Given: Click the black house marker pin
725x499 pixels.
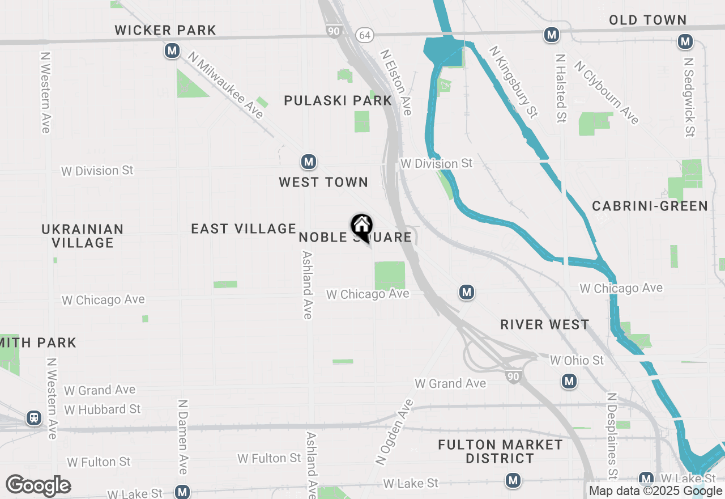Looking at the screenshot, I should click(x=361, y=227).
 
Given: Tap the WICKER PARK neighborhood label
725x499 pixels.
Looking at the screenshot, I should click(x=165, y=30).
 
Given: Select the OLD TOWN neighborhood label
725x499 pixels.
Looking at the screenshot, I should click(x=647, y=20).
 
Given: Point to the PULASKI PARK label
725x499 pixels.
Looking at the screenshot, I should click(x=338, y=100).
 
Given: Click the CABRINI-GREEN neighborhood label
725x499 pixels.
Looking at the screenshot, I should click(x=650, y=206).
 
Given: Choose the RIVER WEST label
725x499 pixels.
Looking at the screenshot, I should click(x=544, y=324).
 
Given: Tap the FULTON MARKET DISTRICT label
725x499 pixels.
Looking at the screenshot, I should click(x=500, y=451).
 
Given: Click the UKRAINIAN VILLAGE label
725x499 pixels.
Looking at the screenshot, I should click(x=83, y=236).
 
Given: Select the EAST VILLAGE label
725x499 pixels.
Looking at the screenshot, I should click(x=244, y=229).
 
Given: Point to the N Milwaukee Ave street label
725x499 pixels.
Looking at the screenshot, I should click(x=227, y=86).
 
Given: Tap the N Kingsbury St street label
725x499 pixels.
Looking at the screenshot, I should click(x=513, y=82).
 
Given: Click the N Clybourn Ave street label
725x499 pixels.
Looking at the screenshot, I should click(x=606, y=92).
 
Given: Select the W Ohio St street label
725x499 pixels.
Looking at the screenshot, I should click(x=577, y=360).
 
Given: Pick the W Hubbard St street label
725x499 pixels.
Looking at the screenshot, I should click(x=103, y=409).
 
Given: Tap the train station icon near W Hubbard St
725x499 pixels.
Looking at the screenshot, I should click(x=34, y=418).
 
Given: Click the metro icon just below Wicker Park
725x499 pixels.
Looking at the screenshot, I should click(x=172, y=51).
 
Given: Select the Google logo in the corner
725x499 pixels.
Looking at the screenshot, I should click(x=38, y=485).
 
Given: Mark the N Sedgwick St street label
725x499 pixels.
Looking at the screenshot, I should click(x=689, y=96).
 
